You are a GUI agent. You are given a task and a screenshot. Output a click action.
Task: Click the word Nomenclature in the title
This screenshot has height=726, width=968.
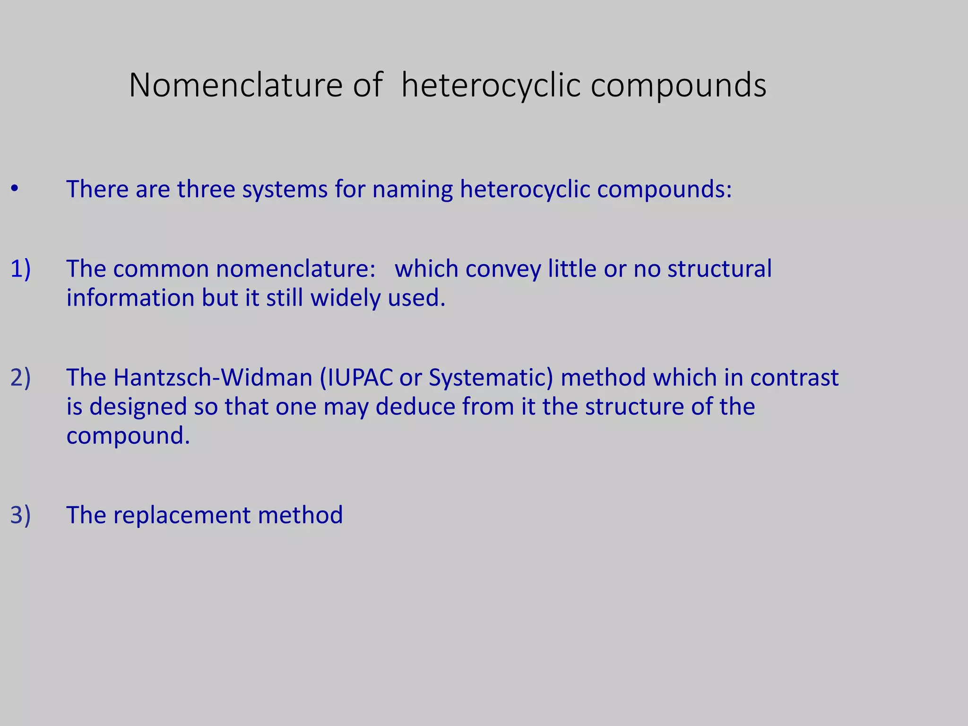pos(235,86)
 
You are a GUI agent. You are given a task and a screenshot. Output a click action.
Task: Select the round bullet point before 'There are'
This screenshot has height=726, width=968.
pos(15,189)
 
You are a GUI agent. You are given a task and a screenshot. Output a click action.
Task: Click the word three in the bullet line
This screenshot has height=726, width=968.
pos(206,189)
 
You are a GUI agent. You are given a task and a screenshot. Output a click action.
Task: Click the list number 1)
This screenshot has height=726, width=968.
pos(20,268)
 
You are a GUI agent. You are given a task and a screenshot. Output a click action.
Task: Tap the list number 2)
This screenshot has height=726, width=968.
pos(20,377)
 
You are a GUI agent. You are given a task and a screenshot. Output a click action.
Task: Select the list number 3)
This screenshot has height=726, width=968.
pos(20,515)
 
